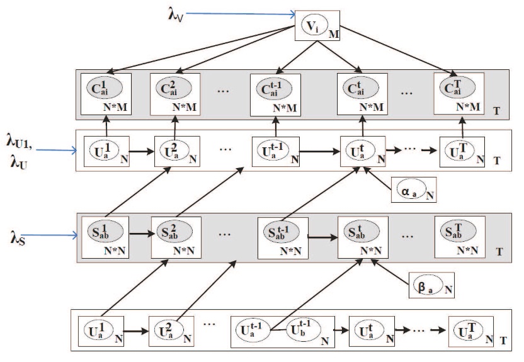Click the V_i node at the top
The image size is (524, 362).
coord(313,25)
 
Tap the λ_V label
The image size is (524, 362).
coord(176,15)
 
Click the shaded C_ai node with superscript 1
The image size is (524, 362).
coord(105,88)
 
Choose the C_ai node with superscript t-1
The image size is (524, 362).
coord(274,89)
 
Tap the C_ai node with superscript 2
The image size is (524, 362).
coord(174,88)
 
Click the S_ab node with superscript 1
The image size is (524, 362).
coord(105,232)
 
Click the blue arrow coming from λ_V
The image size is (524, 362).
coord(241,14)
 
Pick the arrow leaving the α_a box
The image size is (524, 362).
coord(378,179)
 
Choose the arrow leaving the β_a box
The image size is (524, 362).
coord(390,272)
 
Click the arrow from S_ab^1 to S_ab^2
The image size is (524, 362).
coord(142,234)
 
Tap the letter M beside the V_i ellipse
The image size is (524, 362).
coord(334,34)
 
